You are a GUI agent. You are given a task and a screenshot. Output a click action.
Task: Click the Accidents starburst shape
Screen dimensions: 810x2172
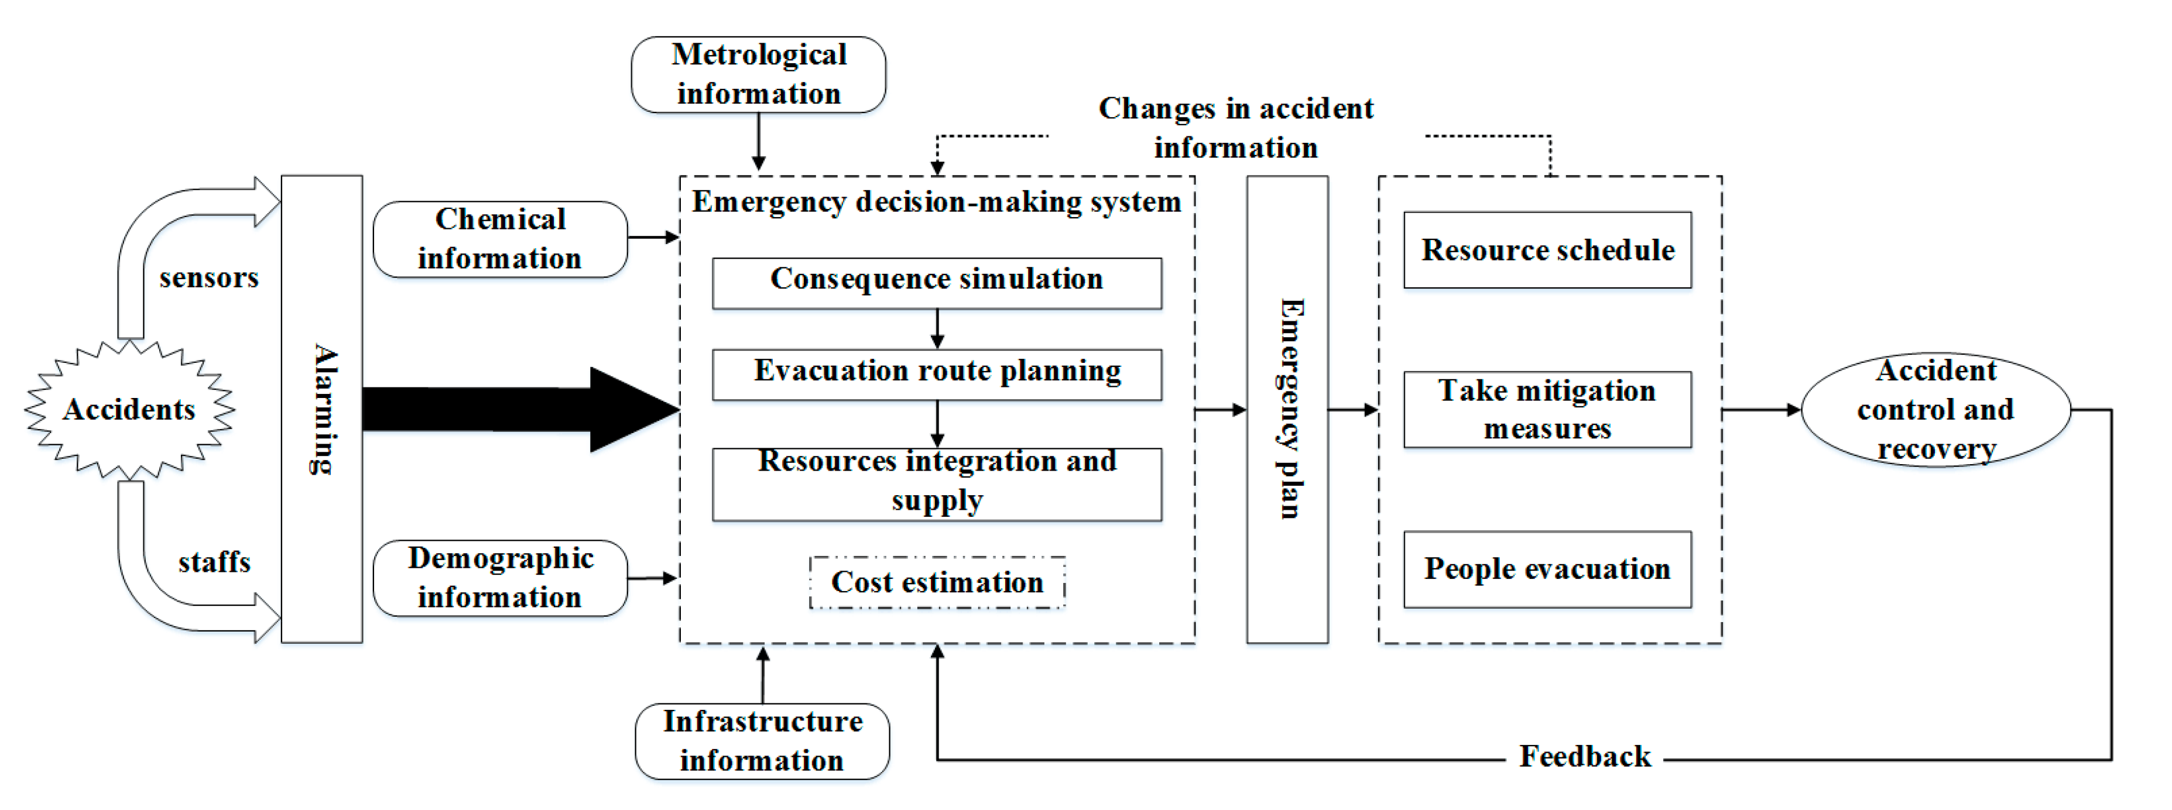point(129,410)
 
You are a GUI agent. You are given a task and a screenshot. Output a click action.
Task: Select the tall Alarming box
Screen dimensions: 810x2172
point(321,409)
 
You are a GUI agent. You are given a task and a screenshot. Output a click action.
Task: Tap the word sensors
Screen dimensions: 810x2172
point(208,277)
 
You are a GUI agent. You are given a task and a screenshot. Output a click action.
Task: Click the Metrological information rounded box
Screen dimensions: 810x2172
point(758,74)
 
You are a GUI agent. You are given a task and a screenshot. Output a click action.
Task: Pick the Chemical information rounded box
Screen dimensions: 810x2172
point(500,239)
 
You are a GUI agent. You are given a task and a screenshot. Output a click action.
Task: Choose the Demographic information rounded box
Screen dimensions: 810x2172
point(500,578)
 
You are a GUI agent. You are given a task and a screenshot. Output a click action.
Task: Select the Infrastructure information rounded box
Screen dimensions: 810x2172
point(762,741)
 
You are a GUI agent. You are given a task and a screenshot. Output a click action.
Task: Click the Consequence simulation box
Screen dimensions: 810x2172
point(936,283)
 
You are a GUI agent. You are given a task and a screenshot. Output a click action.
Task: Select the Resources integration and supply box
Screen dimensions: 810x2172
point(936,484)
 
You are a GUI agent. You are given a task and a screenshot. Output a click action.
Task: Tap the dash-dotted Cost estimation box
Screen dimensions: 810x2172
point(936,582)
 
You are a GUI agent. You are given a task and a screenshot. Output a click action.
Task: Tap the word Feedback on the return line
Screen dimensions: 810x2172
point(1584,756)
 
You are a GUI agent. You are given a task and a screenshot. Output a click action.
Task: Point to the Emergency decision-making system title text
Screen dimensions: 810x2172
point(936,203)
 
